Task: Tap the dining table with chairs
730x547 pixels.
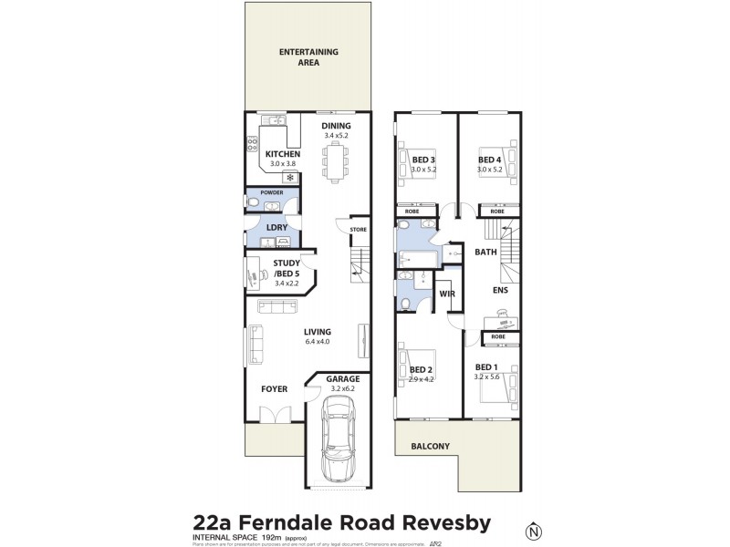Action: click(x=336, y=163)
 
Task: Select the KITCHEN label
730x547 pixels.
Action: click(x=283, y=154)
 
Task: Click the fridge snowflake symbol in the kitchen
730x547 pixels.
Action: click(x=293, y=177)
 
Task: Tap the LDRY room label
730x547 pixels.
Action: click(x=277, y=227)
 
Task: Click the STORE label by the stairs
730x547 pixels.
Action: click(x=358, y=229)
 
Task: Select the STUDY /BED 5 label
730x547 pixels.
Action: click(x=293, y=269)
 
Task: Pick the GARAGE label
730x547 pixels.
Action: click(x=343, y=378)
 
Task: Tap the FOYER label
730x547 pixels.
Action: click(x=274, y=389)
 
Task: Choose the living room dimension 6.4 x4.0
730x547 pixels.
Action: click(x=318, y=343)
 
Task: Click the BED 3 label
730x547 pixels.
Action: click(x=422, y=160)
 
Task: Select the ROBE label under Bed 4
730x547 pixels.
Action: click(x=497, y=212)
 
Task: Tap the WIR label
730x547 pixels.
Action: click(x=447, y=294)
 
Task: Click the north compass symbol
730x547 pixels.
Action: click(x=533, y=530)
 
